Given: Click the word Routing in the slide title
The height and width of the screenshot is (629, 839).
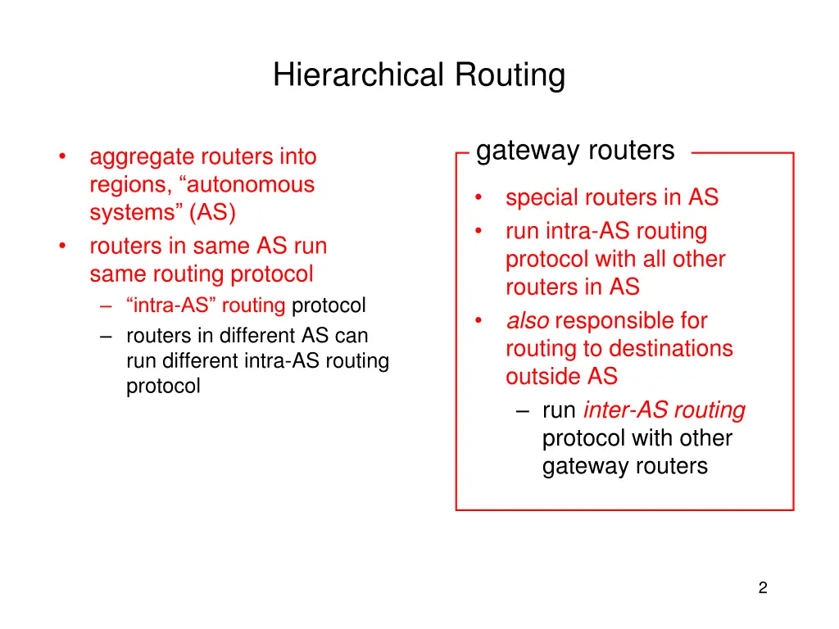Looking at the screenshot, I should pos(510,75).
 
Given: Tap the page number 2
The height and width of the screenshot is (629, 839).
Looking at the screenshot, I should pos(762,587).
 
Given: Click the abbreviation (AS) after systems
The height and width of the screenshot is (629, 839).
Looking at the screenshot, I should pos(213,213).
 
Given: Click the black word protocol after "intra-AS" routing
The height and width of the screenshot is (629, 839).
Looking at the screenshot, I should pos(329,306).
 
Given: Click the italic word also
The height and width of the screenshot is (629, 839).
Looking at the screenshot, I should pos(528,321).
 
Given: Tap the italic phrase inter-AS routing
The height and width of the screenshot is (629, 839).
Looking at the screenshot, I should pos(664,410).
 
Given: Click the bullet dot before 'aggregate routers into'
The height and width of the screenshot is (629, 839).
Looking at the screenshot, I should pos(62,157).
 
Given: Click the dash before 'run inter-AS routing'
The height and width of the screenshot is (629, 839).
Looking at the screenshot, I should pos(524,410).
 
